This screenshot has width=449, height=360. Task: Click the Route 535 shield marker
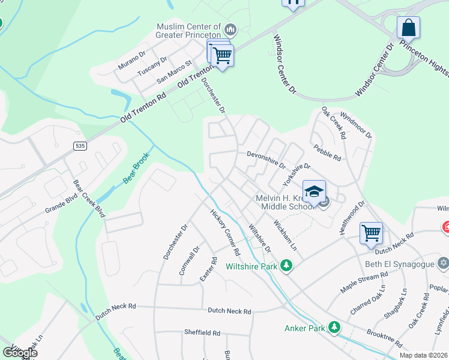[x=79, y=146]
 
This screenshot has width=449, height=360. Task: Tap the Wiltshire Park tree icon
[x=287, y=266]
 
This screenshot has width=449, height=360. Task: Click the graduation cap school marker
[x=314, y=192]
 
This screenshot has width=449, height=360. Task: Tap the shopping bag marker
[x=408, y=28]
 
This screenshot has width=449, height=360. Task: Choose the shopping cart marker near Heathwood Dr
[x=371, y=232]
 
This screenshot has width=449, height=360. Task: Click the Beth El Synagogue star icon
[x=443, y=263]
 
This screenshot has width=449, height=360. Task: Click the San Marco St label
[x=173, y=71]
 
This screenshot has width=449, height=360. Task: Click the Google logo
[x=19, y=353]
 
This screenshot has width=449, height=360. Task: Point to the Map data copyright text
[x=423, y=355]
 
